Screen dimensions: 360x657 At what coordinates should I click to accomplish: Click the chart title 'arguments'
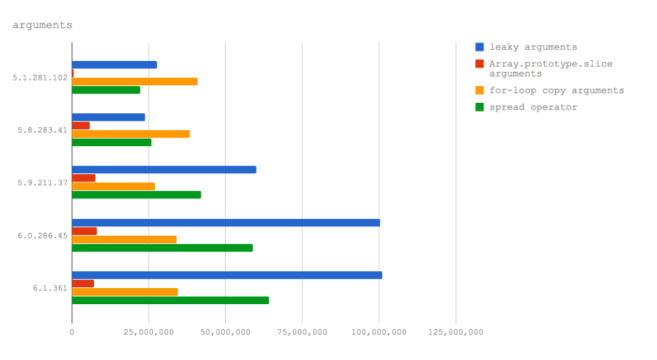click(42, 25)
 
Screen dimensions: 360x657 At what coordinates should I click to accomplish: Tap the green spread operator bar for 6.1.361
click(170, 300)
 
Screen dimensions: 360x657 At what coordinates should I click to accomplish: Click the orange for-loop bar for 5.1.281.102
click(134, 82)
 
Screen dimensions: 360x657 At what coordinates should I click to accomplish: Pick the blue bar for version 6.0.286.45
click(226, 223)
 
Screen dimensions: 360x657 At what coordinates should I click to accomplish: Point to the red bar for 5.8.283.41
click(81, 126)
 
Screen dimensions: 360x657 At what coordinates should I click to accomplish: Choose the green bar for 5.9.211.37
click(136, 195)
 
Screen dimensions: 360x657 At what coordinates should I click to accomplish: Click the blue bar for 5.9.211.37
click(164, 170)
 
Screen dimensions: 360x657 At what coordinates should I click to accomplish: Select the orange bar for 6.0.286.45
click(124, 240)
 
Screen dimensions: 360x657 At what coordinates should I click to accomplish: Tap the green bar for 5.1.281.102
click(106, 90)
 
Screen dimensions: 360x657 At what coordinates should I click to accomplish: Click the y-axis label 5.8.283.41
click(42, 130)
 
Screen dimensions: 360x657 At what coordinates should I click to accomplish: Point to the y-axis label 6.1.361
click(50, 288)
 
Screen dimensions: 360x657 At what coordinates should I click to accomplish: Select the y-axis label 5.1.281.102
click(40, 77)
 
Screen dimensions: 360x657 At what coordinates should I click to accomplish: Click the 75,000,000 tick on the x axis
click(302, 332)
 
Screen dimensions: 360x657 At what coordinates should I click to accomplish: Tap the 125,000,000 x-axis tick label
click(456, 332)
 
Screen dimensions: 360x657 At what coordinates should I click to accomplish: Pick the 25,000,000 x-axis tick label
click(148, 332)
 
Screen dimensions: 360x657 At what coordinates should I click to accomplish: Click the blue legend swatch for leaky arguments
click(479, 47)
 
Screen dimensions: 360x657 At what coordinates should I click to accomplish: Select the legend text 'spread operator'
click(533, 107)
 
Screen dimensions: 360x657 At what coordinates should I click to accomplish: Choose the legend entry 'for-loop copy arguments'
click(556, 90)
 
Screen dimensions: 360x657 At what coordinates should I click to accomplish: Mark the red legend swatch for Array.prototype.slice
click(479, 64)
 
